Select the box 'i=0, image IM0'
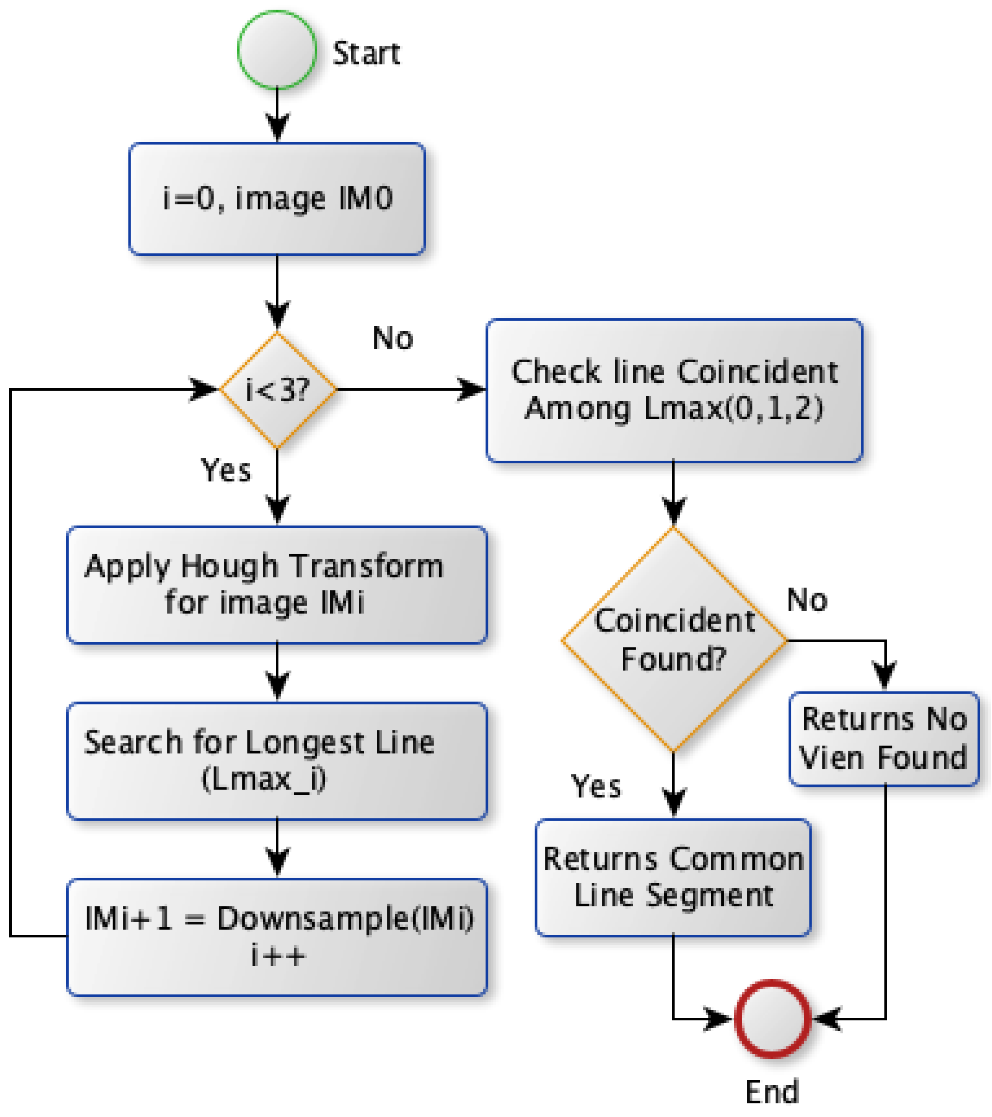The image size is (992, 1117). click(x=277, y=199)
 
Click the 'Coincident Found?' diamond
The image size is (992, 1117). click(x=673, y=640)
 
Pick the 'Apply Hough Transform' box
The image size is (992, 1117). click(x=277, y=585)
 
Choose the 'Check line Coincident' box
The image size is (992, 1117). click(x=674, y=390)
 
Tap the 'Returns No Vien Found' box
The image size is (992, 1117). click(x=884, y=739)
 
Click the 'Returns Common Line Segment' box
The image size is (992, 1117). click(x=673, y=878)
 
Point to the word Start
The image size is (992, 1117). click(x=366, y=54)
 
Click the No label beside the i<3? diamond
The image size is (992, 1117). click(x=393, y=338)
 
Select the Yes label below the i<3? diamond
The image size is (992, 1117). click(x=226, y=470)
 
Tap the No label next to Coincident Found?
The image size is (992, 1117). click(x=807, y=600)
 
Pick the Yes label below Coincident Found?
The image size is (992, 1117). click(x=596, y=787)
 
